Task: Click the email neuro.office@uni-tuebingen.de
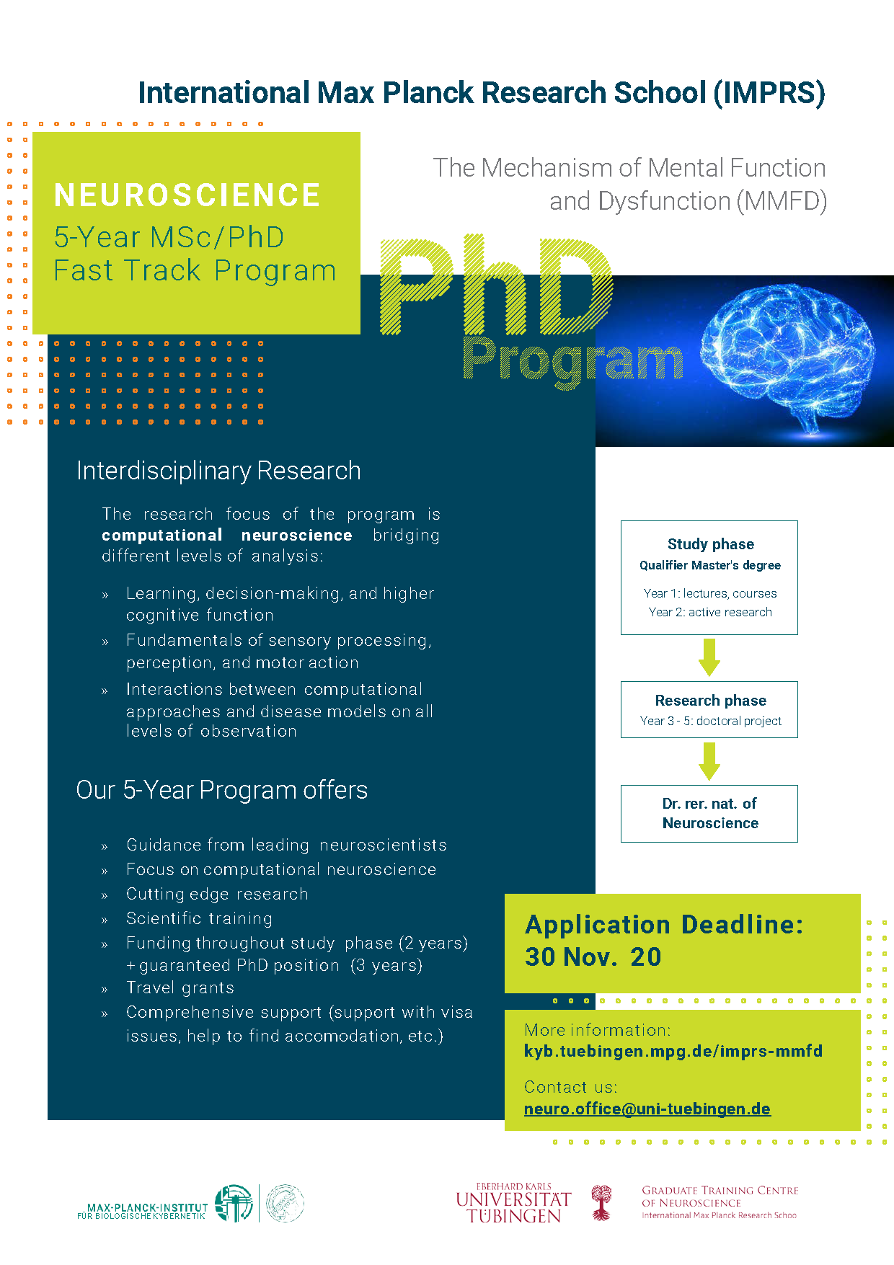[x=647, y=1109]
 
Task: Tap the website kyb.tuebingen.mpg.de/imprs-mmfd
[x=673, y=1051]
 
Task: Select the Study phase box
[x=709, y=577]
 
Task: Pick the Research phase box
[x=709, y=709]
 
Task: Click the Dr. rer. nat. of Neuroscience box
[x=709, y=813]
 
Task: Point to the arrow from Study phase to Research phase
[x=709, y=657]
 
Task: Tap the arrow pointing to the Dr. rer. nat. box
[x=709, y=761]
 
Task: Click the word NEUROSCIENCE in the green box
[x=187, y=195]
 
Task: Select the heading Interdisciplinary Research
[x=218, y=471]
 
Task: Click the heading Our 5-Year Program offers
[x=221, y=790]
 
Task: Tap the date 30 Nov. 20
[x=593, y=956]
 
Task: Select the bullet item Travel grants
[x=180, y=987]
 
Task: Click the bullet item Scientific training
[x=199, y=918]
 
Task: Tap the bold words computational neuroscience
[x=226, y=535]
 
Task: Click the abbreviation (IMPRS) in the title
[x=769, y=93]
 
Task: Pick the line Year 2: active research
[x=709, y=612]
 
